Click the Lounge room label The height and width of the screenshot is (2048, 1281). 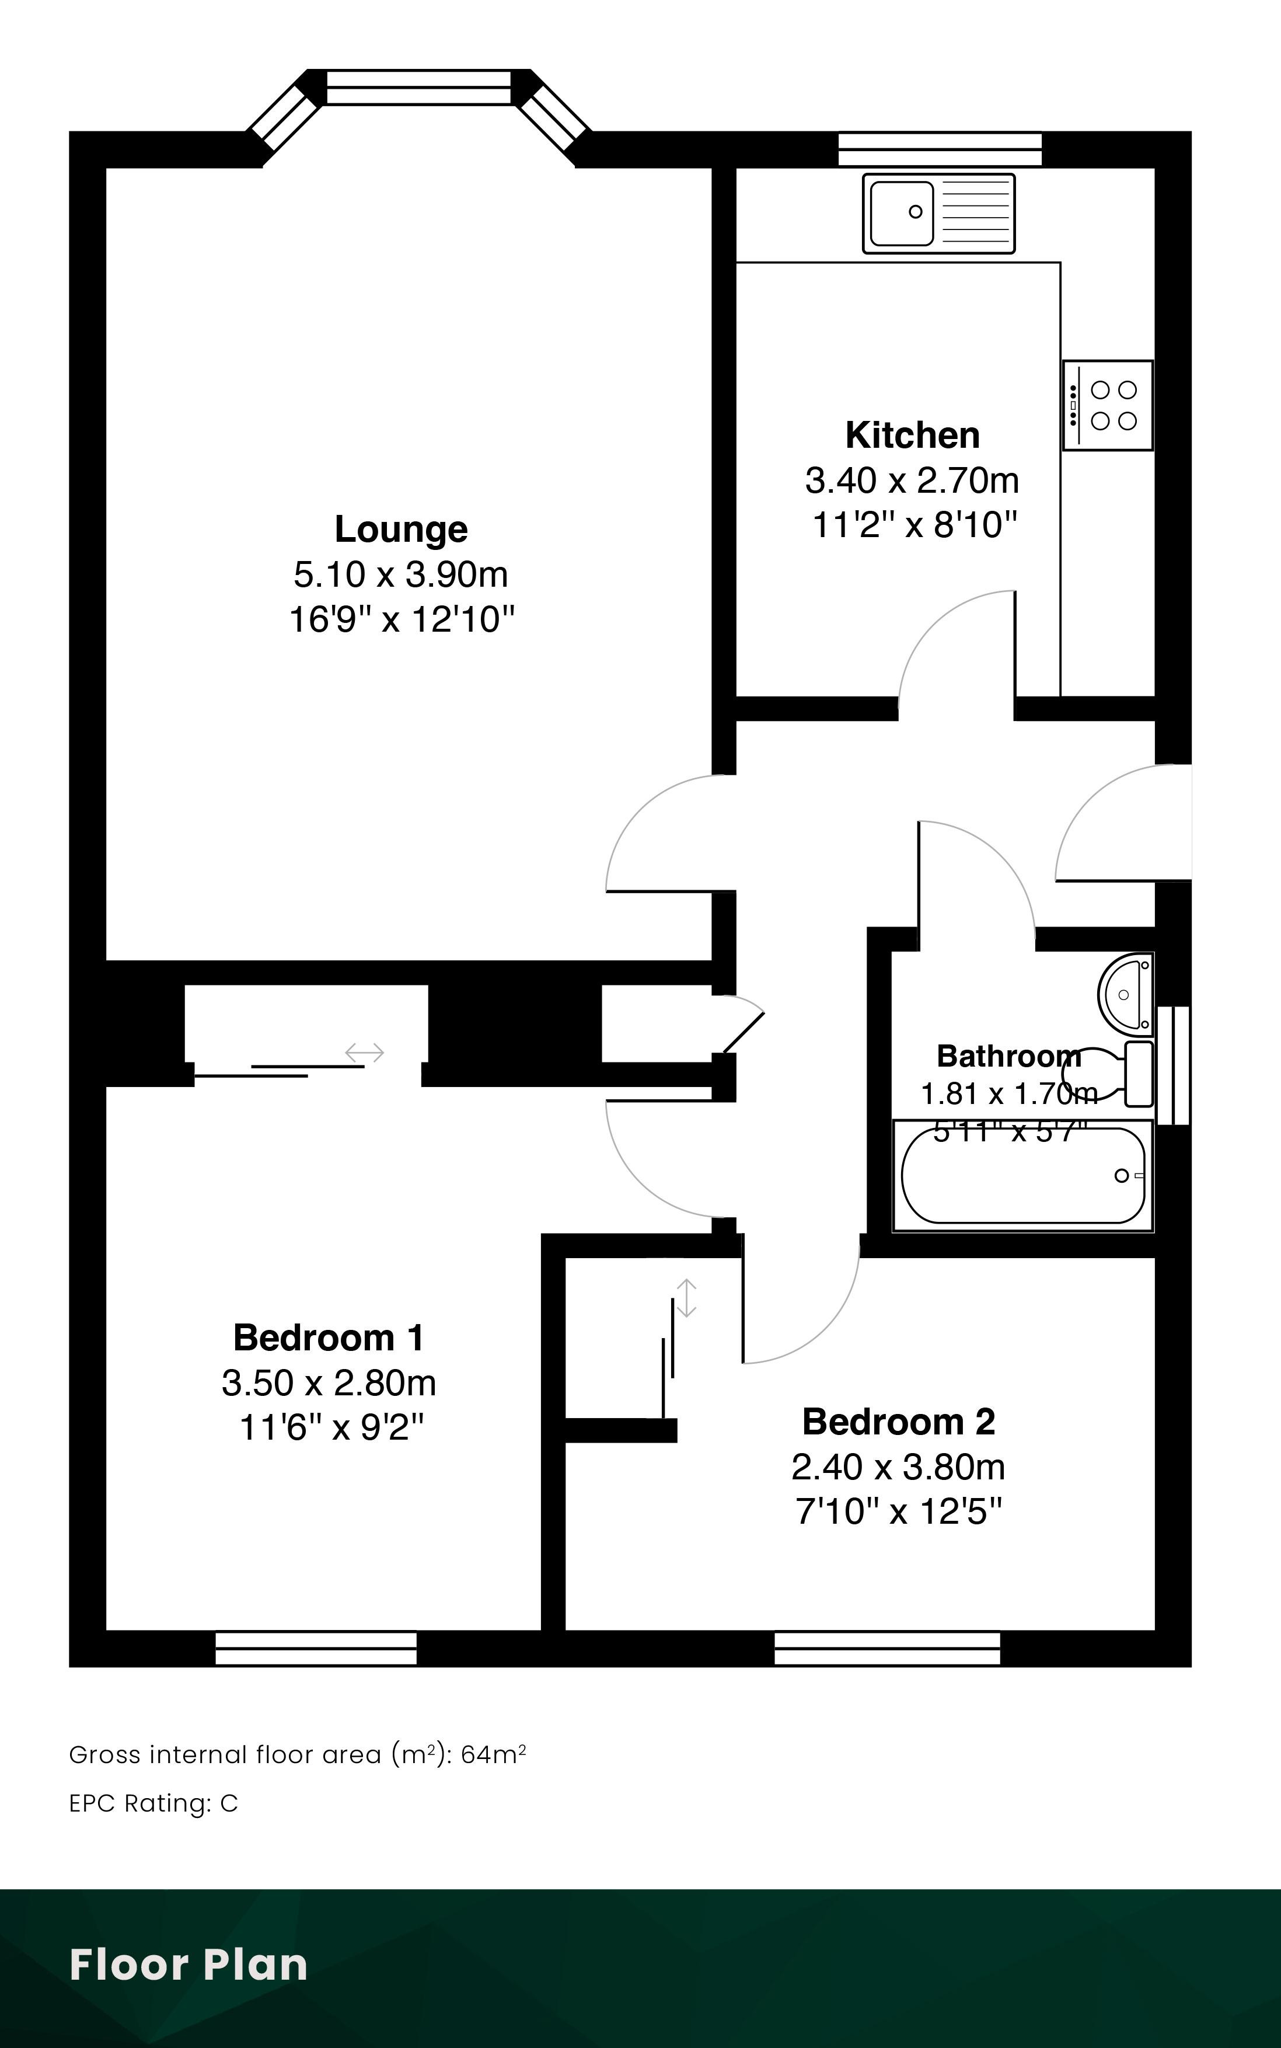tap(401, 530)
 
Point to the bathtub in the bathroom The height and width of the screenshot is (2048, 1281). tap(1022, 1175)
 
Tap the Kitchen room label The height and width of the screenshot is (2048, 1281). tap(913, 436)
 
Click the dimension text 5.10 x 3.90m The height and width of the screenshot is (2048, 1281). tap(401, 574)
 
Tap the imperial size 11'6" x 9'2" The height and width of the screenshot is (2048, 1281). tap(331, 1429)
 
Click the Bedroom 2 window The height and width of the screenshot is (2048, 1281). tap(887, 1648)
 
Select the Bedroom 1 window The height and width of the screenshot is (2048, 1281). tap(316, 1648)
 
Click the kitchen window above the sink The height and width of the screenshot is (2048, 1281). tap(940, 149)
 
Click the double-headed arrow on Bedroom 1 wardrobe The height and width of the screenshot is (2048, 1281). tap(364, 1053)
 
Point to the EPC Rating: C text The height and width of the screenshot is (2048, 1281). tap(153, 1803)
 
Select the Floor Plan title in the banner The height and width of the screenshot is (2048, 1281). tap(188, 1965)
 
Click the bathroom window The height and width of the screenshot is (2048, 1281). tap(1174, 1065)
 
